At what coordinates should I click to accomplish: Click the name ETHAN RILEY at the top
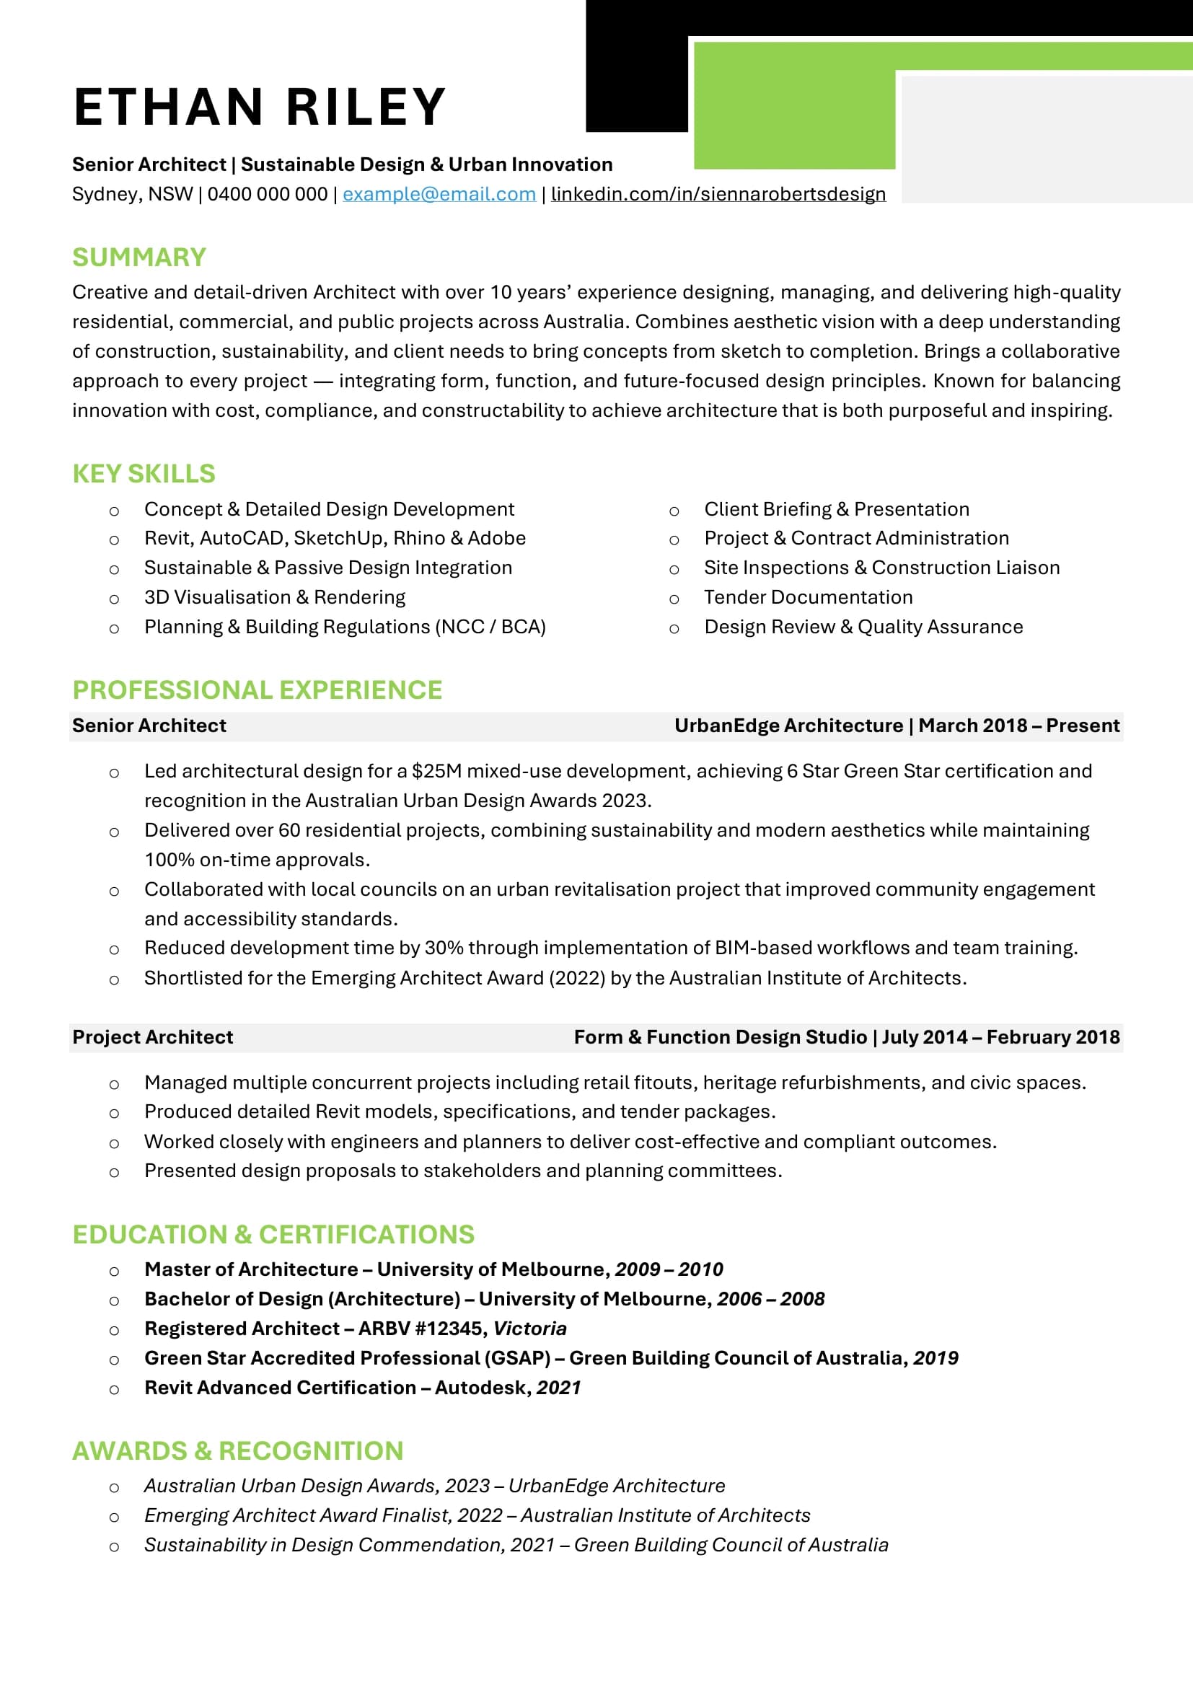260,107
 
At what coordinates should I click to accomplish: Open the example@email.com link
439,194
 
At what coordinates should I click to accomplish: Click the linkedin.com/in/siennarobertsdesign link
718,194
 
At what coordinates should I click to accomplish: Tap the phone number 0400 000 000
268,194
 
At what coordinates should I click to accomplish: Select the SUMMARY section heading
138,257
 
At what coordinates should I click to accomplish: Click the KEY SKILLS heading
144,474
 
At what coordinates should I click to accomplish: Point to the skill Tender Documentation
808,597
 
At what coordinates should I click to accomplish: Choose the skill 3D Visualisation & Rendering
275,597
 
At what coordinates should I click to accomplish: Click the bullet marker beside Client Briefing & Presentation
674,511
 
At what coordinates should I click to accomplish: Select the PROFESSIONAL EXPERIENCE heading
257,690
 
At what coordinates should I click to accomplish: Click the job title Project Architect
152,1036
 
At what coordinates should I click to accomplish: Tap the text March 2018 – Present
1019,726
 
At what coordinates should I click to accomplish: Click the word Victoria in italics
529,1329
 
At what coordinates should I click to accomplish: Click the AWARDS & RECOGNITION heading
237,1451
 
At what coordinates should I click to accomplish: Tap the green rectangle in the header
793,110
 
